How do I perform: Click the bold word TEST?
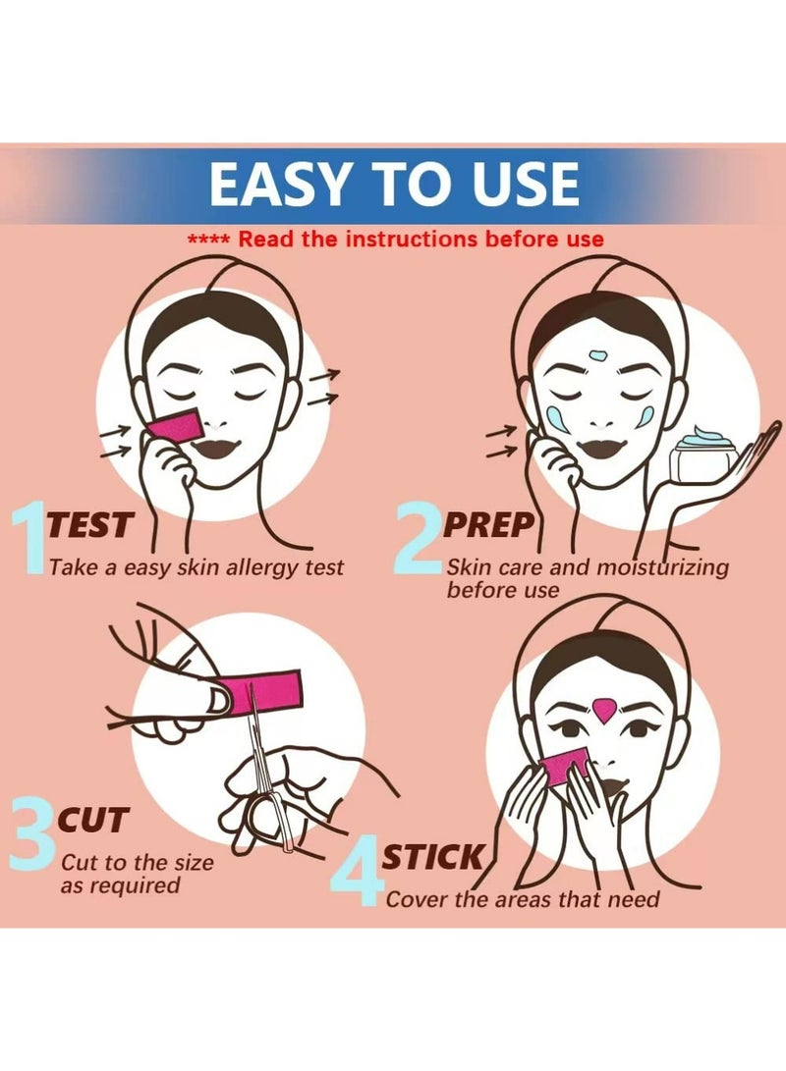pyautogui.click(x=88, y=525)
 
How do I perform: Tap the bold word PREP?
pyautogui.click(x=488, y=525)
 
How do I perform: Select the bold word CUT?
pyautogui.click(x=93, y=820)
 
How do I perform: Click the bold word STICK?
pyautogui.click(x=433, y=857)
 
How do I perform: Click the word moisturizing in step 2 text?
pyautogui.click(x=662, y=568)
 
